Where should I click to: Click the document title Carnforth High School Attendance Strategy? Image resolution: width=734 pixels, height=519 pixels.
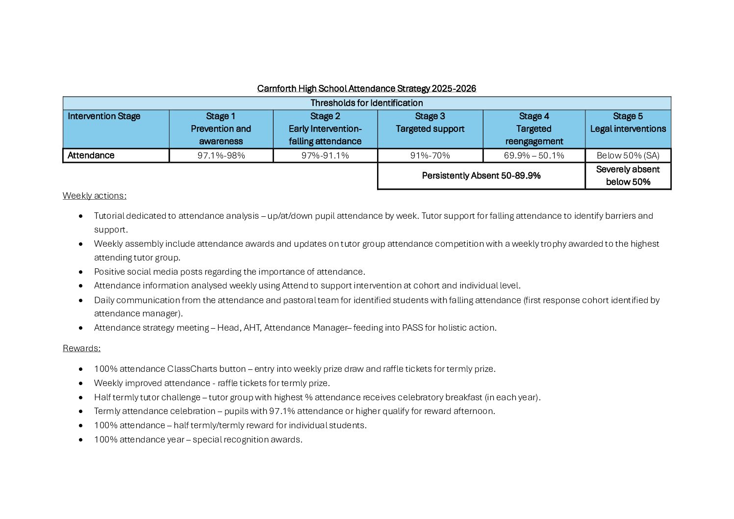pos(366,89)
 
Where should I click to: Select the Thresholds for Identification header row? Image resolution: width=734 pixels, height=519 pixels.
pos(366,103)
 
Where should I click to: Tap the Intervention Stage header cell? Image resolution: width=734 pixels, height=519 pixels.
pos(104,117)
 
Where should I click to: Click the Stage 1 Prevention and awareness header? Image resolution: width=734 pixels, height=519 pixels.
pos(221,129)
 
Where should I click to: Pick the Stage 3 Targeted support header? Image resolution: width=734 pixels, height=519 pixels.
pos(430,123)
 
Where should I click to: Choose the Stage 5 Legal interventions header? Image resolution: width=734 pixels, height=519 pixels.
pos(628,123)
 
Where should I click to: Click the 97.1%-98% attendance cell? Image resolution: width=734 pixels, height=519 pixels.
pos(221,156)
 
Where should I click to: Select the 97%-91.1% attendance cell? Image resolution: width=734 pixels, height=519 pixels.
pos(325,156)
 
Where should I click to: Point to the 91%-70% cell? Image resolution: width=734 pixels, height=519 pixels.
pos(430,156)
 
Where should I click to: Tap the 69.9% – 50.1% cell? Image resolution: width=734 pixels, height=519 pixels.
pos(534,156)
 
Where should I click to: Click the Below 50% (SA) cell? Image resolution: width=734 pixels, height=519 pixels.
pos(628,156)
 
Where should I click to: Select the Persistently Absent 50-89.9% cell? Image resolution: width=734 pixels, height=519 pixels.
pos(481,176)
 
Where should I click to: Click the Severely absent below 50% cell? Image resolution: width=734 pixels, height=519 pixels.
pos(628,176)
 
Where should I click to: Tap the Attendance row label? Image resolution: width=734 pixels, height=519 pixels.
pos(91,156)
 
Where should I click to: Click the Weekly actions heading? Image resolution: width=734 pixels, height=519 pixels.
pos(94,196)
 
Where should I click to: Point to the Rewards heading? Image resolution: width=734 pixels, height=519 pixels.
pos(81,348)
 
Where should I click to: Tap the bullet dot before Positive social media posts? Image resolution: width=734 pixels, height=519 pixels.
pos(81,272)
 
